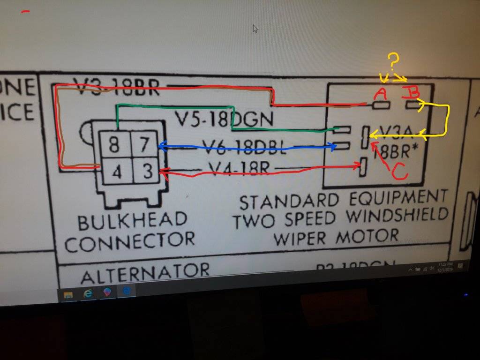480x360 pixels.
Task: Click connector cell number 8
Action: pos(114,145)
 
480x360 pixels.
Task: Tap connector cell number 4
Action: pos(117,173)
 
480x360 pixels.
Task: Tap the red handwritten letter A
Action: pos(380,95)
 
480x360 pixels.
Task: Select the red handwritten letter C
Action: pos(399,172)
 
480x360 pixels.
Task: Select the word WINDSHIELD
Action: pos(398,215)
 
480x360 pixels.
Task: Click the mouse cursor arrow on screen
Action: pos(255,29)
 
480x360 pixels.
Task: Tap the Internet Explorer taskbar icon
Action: pos(88,293)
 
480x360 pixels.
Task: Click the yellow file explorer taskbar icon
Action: pos(68,295)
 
